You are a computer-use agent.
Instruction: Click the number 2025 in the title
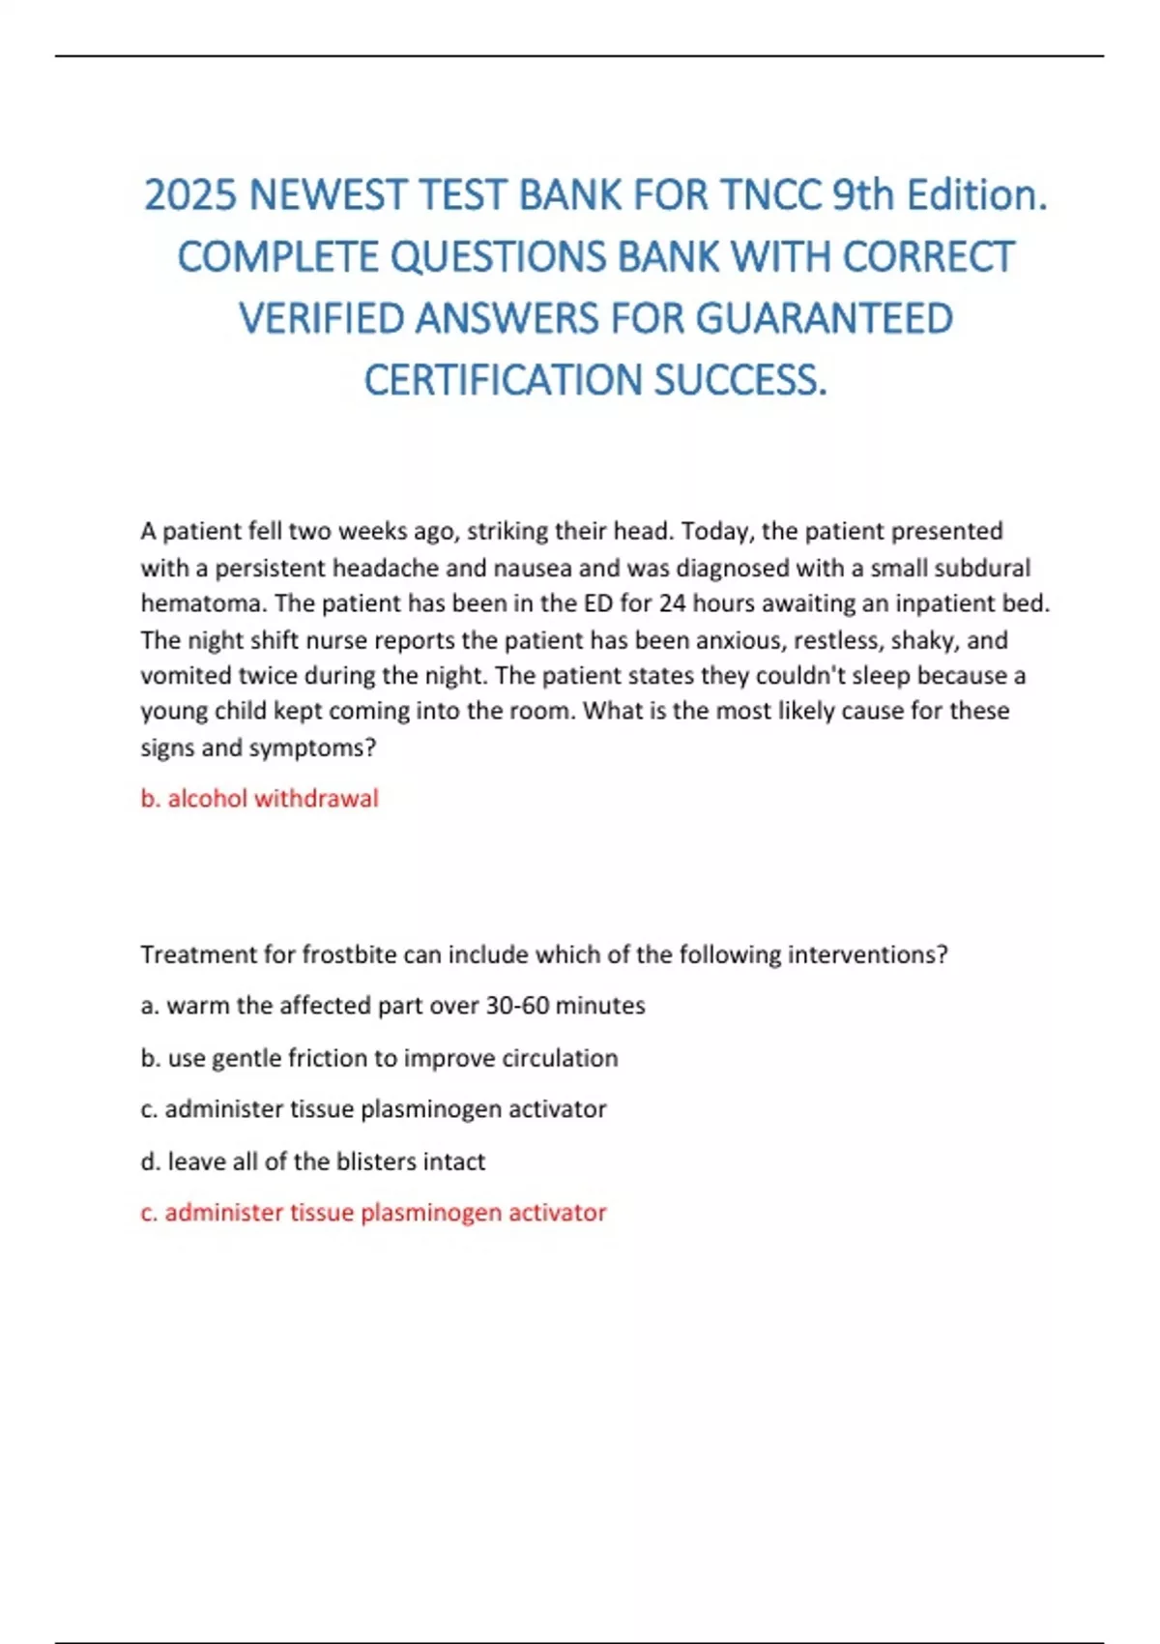(190, 196)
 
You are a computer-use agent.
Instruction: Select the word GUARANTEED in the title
(825, 319)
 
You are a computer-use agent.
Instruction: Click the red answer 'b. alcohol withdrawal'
(259, 799)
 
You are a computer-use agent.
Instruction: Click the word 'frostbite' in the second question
(349, 955)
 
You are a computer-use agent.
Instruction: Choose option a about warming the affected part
(392, 1006)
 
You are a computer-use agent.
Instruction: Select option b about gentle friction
(379, 1058)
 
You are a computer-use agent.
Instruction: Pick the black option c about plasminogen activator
(373, 1109)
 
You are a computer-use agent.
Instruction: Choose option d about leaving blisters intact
(312, 1161)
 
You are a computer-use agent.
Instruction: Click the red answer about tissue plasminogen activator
(373, 1213)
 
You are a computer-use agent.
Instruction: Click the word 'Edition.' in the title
(976, 196)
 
